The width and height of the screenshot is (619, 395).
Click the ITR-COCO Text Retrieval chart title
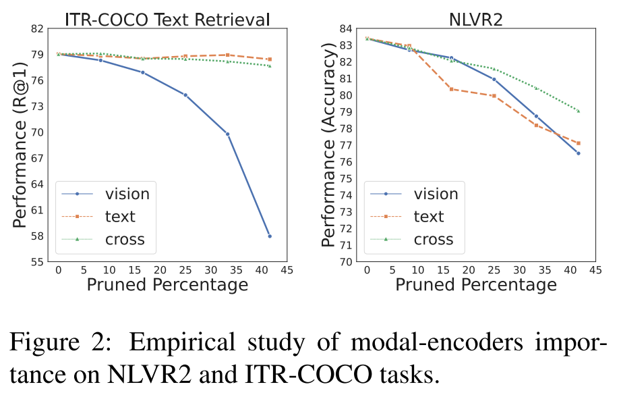pyautogui.click(x=167, y=18)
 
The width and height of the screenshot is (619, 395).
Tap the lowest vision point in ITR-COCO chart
pyautogui.click(x=270, y=236)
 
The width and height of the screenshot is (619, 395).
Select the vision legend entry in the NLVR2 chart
pyautogui.click(x=436, y=194)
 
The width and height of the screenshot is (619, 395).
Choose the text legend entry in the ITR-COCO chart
pyautogui.click(x=120, y=216)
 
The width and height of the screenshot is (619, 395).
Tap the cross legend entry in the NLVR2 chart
pyautogui.click(x=433, y=239)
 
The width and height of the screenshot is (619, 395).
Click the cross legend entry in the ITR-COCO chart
pyautogui.click(x=125, y=239)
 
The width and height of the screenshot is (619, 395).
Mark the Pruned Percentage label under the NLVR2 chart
pyautogui.click(x=476, y=284)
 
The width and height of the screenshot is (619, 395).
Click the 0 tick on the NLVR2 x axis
pyautogui.click(x=367, y=269)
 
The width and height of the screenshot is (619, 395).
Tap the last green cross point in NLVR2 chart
pyautogui.click(x=578, y=111)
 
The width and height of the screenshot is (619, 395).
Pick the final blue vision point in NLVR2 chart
pyautogui.click(x=578, y=153)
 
